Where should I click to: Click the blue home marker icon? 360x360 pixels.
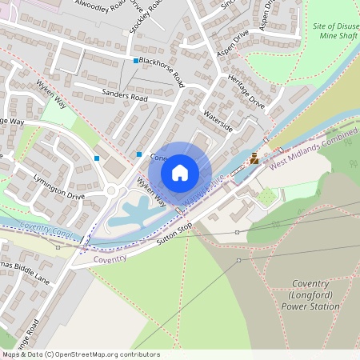[x=180, y=172]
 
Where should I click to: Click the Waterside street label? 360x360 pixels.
[x=218, y=121]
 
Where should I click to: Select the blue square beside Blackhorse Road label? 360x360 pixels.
[x=134, y=62]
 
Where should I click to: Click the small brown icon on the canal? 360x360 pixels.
[x=254, y=158]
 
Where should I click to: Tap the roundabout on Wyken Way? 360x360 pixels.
[x=111, y=191]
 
